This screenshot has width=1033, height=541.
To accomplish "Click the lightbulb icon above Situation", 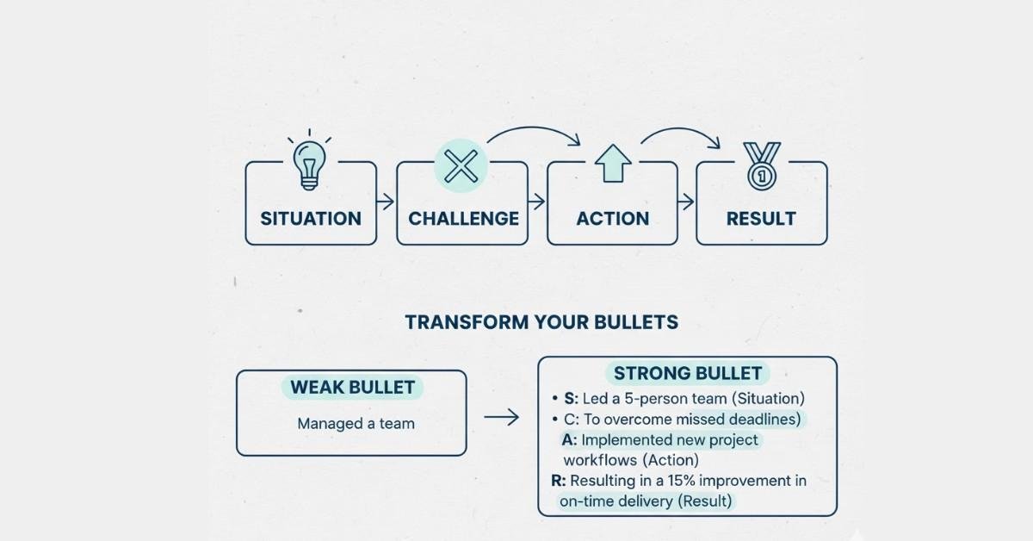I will [x=309, y=162].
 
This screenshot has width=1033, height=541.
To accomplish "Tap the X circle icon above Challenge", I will [x=461, y=164].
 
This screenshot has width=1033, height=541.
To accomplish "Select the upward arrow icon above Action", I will [x=614, y=165].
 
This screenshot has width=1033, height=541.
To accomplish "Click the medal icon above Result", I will [x=762, y=165].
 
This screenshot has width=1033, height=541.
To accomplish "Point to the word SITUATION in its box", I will [x=311, y=219].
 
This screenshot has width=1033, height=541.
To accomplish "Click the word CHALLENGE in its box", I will [x=463, y=219].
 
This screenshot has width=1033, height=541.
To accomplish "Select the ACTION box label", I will [x=612, y=219].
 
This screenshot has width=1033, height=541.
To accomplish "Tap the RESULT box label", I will [x=761, y=219].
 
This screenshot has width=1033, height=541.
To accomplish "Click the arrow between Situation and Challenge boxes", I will [x=386, y=202].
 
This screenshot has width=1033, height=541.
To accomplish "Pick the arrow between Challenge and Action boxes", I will [x=537, y=202].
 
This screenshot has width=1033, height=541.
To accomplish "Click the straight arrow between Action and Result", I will [x=686, y=202].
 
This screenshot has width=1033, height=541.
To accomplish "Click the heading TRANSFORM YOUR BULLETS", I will [x=541, y=322].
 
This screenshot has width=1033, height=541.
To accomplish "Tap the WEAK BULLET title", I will [x=352, y=387].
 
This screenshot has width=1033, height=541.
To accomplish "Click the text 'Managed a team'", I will [x=356, y=423].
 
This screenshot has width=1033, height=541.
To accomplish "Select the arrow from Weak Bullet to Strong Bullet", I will [x=501, y=418].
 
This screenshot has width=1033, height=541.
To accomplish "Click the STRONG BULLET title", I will [x=687, y=373].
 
